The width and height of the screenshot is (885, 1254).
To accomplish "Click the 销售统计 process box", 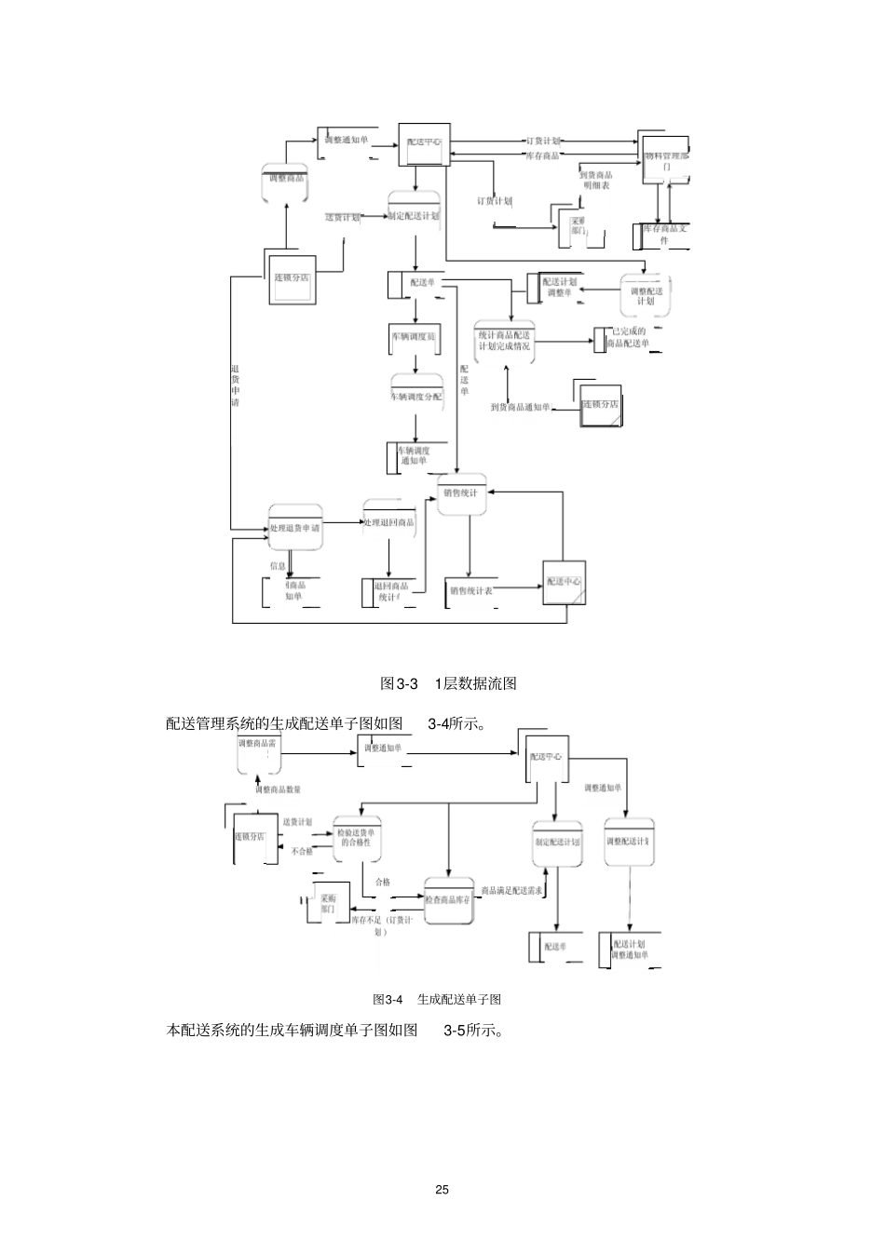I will pyautogui.click(x=461, y=494).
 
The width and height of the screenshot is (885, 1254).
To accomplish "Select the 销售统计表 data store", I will pyautogui.click(x=471, y=590).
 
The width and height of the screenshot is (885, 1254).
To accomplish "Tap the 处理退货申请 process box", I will pyautogui.click(x=294, y=527).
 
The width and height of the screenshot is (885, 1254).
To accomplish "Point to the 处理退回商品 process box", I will pyautogui.click(x=388, y=522).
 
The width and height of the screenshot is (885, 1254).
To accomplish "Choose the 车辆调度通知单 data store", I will pyautogui.click(x=413, y=455).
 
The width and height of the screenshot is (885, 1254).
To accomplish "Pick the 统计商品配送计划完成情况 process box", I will pyautogui.click(x=504, y=341).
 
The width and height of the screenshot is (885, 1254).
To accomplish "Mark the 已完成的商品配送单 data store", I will pyautogui.click(x=628, y=337).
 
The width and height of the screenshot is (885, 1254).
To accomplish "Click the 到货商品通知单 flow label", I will pyautogui.click(x=520, y=407).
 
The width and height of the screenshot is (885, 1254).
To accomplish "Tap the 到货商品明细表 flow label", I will pyautogui.click(x=595, y=180).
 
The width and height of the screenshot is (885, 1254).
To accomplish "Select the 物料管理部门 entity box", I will pyautogui.click(x=666, y=160).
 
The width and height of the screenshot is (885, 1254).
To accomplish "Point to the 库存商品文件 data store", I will pyautogui.click(x=664, y=235).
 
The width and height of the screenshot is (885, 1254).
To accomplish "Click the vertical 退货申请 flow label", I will pyautogui.click(x=235, y=386).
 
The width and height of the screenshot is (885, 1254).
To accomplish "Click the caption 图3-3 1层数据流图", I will pyautogui.click(x=448, y=683).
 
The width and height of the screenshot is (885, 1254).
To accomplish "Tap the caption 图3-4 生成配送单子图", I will pyautogui.click(x=437, y=1000).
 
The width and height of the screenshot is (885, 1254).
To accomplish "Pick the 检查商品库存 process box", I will pyautogui.click(x=449, y=900).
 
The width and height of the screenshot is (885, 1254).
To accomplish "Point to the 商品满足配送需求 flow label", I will pyautogui.click(x=511, y=891).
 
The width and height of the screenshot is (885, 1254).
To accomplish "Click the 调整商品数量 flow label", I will pyautogui.click(x=279, y=789).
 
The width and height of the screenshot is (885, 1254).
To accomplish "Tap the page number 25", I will pyautogui.click(x=442, y=1190).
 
